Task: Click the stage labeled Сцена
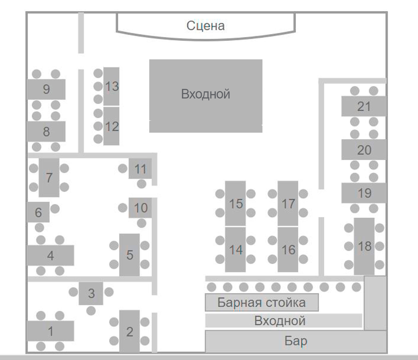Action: [206, 26]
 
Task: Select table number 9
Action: [46, 89]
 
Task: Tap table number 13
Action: [112, 86]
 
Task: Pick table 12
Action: [112, 126]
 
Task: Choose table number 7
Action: [49, 178]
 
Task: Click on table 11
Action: [140, 169]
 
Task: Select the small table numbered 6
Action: [38, 212]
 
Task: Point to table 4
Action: [50, 256]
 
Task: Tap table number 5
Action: [130, 255]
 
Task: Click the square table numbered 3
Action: [91, 293]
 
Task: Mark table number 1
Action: [50, 331]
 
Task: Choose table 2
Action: [130, 332]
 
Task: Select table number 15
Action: [235, 204]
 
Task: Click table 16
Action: [288, 249]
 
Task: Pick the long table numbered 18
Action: [364, 246]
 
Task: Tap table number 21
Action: [364, 106]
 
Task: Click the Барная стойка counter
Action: [262, 303]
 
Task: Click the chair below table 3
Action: [91, 311]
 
